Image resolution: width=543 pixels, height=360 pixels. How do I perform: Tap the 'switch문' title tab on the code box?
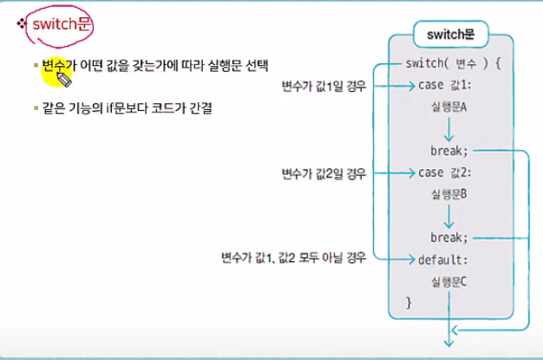click(448, 36)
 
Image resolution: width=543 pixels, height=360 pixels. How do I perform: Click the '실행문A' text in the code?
click(448, 108)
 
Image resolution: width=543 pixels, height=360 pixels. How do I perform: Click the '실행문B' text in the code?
click(448, 194)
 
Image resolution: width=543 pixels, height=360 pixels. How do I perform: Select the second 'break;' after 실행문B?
click(448, 237)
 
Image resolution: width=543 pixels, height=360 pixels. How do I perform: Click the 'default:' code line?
click(442, 259)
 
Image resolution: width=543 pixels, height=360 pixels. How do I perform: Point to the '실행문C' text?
click(448, 280)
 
